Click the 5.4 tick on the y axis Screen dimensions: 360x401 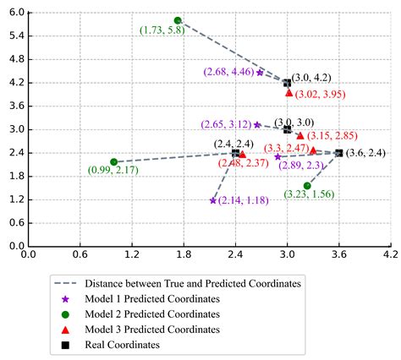click(15, 37)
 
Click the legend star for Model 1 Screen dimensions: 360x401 click(64, 299)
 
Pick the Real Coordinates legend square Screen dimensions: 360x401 click(64, 345)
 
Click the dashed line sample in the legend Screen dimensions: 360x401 click(64, 284)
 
